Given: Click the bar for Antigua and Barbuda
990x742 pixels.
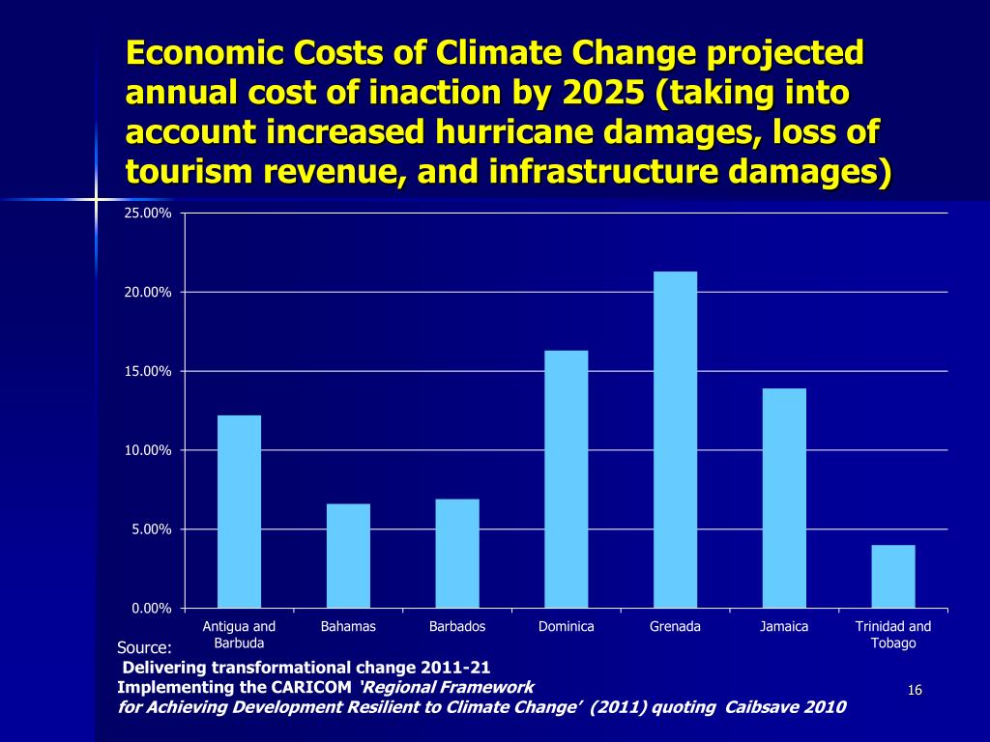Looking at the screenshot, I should pos(239,511).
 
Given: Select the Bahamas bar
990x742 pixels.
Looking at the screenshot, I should pos(348,556).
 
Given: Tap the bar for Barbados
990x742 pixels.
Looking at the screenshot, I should pos(457,553).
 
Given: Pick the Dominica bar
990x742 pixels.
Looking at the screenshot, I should pos(567,478).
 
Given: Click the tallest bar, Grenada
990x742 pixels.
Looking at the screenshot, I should pos(675,440).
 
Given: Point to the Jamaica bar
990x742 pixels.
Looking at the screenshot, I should pos(784,498).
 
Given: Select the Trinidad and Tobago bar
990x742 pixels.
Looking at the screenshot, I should pos(893,576).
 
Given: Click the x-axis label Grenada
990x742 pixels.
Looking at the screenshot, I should pos(675,627).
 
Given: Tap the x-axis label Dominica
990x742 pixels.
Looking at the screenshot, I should pos(567,627).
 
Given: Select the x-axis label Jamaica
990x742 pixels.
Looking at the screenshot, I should pos(784,627).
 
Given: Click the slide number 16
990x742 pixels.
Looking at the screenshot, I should pos(915,689).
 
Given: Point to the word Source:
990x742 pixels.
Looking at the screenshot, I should pos(144,647).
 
